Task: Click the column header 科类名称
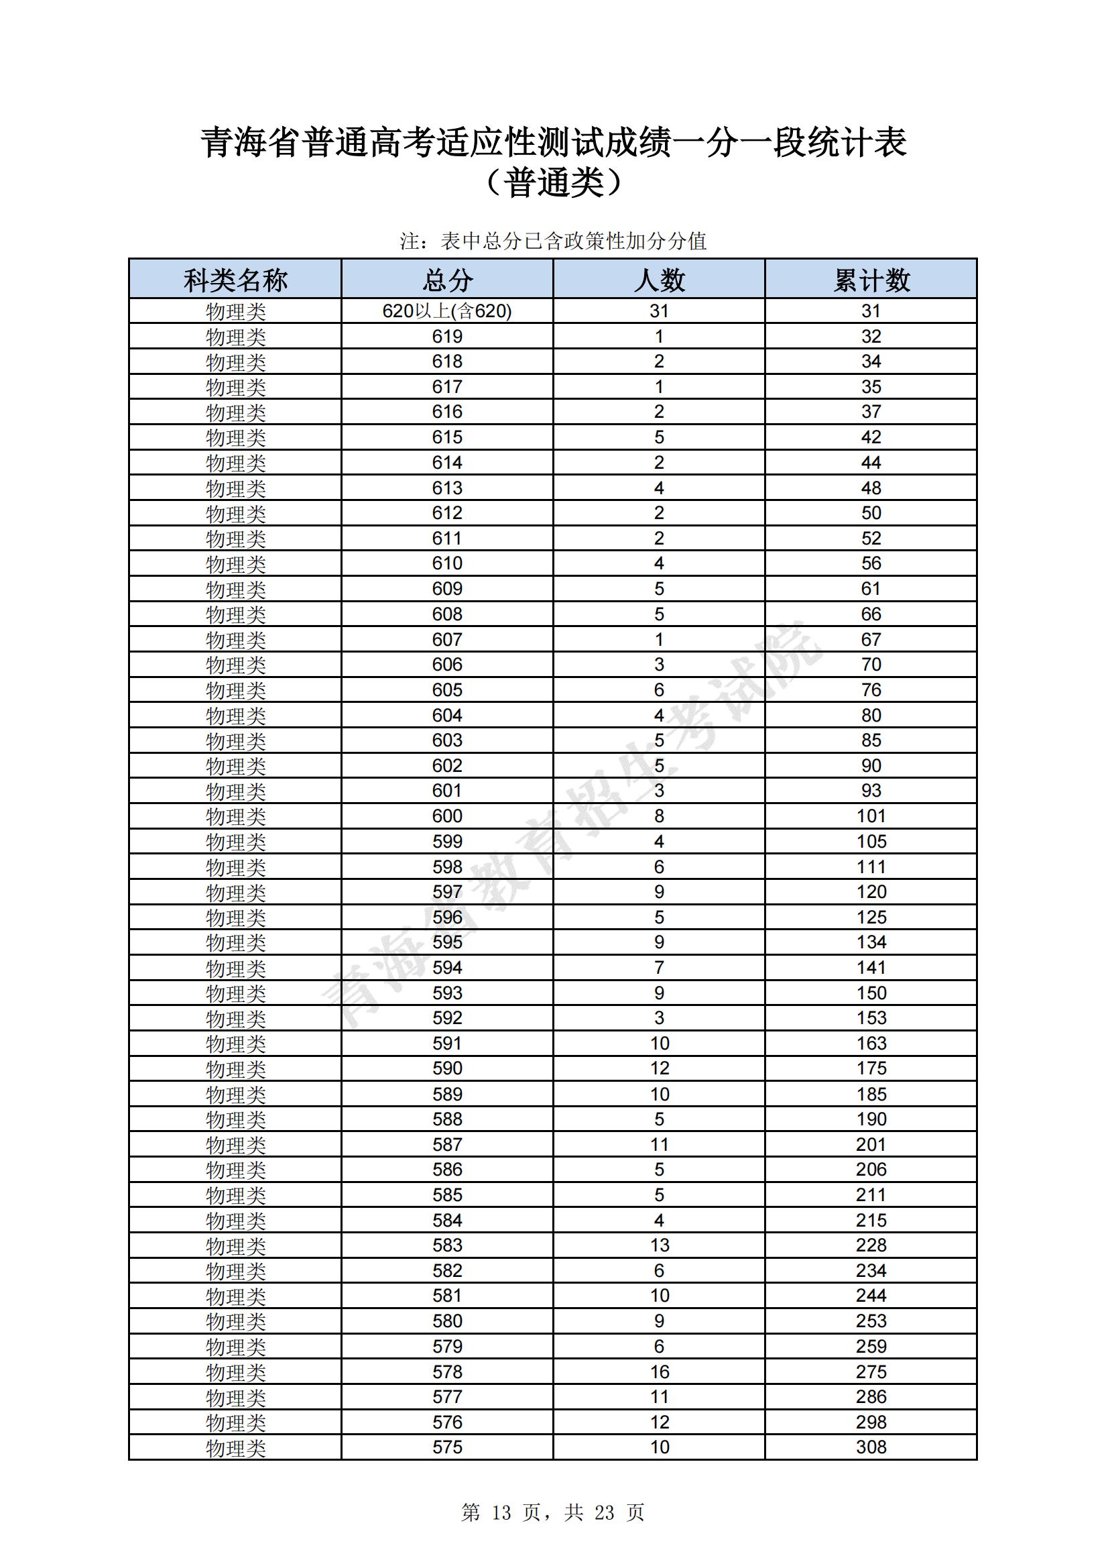tap(235, 280)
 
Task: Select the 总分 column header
tap(447, 280)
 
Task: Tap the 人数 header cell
tap(659, 280)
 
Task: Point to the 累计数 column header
tap(871, 280)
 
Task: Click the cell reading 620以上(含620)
tap(447, 311)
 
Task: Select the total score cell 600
tap(447, 816)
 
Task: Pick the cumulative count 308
tap(871, 1447)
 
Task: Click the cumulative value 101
tap(871, 816)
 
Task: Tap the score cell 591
tap(447, 1044)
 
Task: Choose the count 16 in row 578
tap(660, 1371)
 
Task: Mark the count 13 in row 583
tap(660, 1245)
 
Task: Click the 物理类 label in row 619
tap(235, 337)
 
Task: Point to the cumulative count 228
tap(871, 1245)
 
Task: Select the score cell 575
tap(447, 1447)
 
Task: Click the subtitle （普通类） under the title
tap(554, 183)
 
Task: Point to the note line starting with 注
tap(553, 241)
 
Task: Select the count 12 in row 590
tap(660, 1068)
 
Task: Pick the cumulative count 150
tap(871, 993)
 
